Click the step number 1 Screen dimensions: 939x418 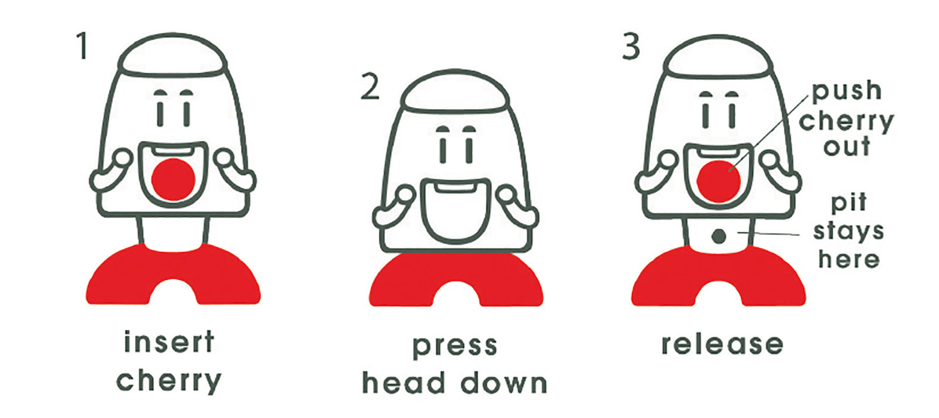point(82,46)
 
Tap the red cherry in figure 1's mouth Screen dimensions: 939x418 point(173,179)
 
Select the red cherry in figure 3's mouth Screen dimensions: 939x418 point(719,182)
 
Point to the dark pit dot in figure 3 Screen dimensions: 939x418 point(719,236)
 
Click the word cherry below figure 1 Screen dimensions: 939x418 point(168,380)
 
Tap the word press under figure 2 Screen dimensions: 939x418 point(455,346)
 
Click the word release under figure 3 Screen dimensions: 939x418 point(722,344)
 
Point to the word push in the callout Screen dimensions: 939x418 point(847,91)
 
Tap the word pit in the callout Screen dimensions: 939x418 point(848,203)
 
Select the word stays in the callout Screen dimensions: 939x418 point(848,232)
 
